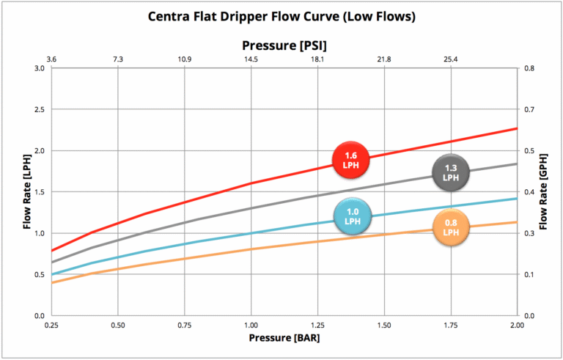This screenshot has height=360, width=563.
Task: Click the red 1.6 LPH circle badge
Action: pyautogui.click(x=350, y=159)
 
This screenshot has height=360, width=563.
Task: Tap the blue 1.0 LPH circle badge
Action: pyautogui.click(x=353, y=216)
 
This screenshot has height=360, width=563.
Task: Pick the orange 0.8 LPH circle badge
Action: pyautogui.click(x=450, y=229)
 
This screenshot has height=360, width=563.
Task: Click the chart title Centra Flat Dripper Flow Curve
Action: pyautogui.click(x=281, y=16)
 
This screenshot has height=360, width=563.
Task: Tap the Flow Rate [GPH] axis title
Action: pyautogui.click(x=543, y=192)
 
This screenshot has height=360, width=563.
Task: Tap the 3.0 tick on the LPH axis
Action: pyautogui.click(x=40, y=68)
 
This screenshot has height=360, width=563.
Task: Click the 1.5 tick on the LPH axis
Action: pyautogui.click(x=40, y=192)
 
